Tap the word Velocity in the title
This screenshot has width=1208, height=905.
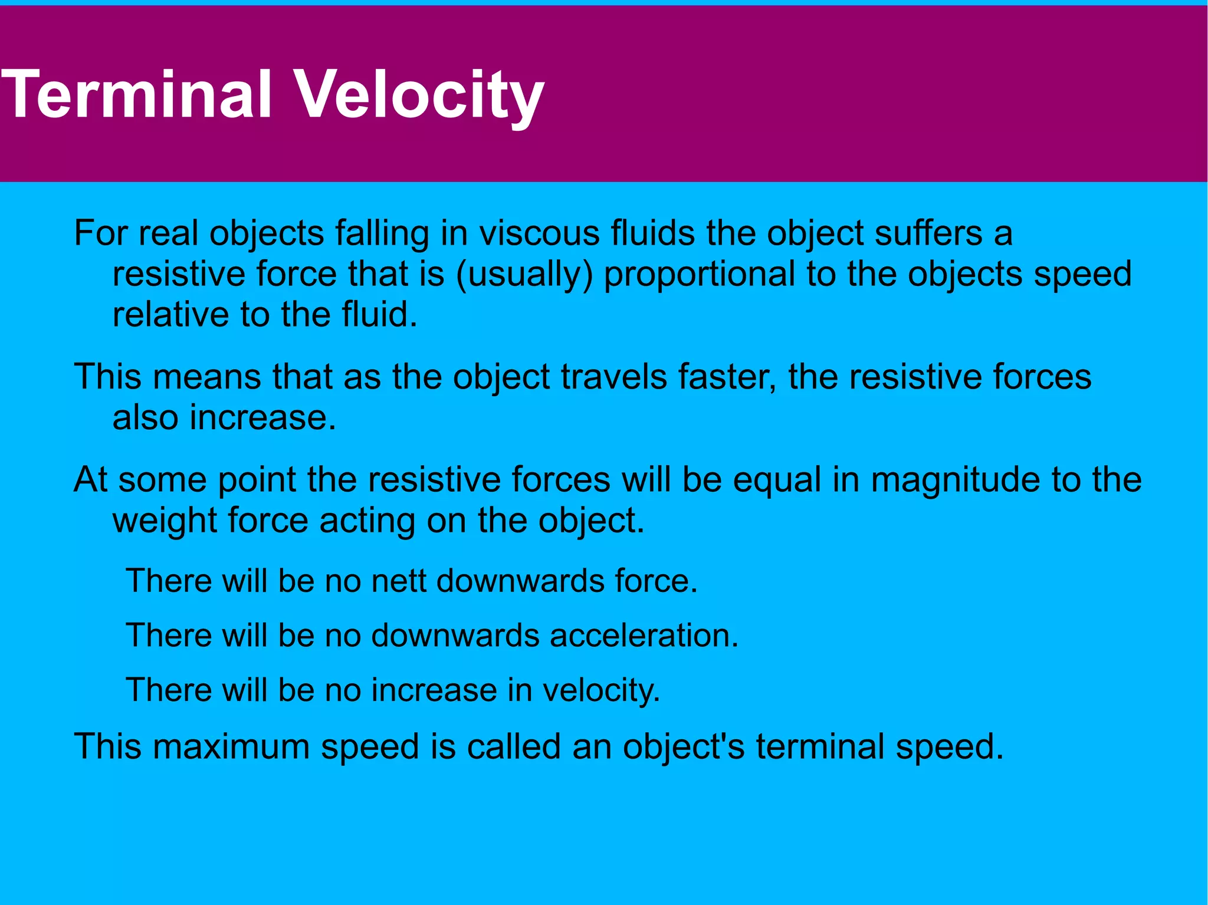418,94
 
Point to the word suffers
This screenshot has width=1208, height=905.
928,233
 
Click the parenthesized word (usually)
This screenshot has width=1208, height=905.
524,274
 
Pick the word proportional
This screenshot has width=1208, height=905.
700,274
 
